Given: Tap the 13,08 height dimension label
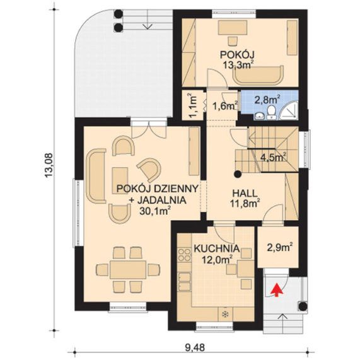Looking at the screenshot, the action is [49, 165].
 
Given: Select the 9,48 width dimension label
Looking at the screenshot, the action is [195, 347].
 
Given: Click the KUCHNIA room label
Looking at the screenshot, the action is [217, 248].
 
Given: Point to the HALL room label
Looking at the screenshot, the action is [245, 193].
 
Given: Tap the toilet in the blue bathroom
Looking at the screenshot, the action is [272, 113].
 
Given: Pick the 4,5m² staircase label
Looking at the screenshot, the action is [273, 158].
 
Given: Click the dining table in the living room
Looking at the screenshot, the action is [127, 269].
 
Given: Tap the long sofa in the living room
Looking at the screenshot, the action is [95, 176].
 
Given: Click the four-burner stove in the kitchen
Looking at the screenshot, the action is [184, 254].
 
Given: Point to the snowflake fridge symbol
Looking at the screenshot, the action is [225, 314].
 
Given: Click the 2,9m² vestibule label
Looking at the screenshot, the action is [280, 248].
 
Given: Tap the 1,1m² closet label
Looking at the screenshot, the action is [192, 106].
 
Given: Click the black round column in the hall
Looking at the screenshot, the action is [238, 175].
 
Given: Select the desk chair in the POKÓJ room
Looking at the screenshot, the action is [233, 41].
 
